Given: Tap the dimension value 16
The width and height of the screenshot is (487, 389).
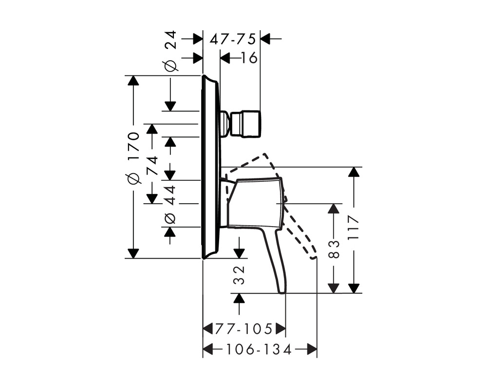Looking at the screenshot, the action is (249, 58).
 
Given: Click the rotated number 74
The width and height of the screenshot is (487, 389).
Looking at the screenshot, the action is (152, 166).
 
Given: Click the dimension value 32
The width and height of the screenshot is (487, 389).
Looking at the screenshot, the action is (239, 275).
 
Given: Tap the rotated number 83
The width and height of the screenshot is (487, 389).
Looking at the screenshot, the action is (334, 249).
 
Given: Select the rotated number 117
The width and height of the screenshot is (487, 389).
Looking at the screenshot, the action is (353, 227).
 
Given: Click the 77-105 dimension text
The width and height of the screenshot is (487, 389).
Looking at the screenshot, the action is (244, 329).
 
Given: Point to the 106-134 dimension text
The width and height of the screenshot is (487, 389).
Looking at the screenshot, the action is (259, 350).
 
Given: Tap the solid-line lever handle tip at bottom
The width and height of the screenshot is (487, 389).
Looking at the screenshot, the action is (282, 291).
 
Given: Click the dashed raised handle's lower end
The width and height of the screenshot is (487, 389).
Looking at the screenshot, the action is (314, 257).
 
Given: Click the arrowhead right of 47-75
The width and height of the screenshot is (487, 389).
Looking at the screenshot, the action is (265, 39).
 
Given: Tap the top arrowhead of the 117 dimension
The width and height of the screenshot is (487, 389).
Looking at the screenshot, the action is (354, 172).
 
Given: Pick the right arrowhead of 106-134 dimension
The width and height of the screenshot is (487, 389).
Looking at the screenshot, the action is (312, 349).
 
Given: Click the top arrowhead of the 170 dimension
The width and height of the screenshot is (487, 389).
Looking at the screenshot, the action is (133, 80).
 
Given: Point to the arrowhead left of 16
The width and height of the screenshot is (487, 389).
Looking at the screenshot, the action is (225, 58).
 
